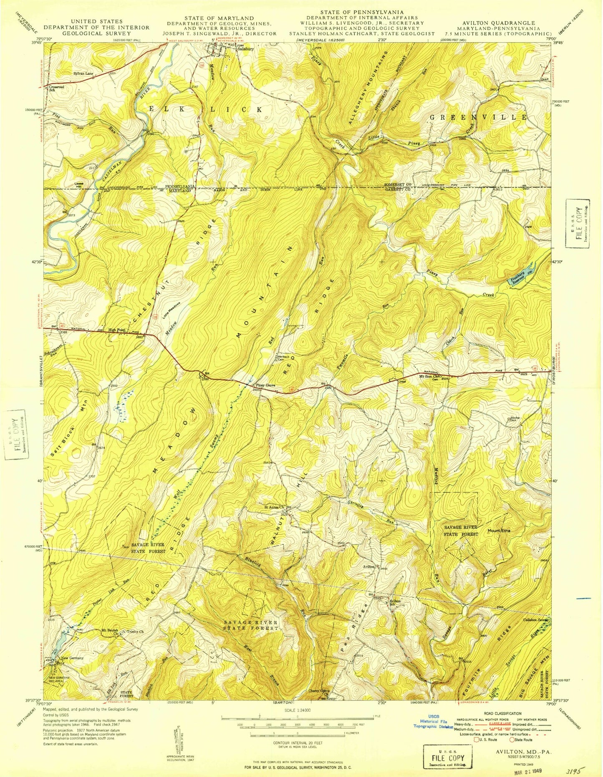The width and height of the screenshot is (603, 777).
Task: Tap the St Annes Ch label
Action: [x=274, y=507]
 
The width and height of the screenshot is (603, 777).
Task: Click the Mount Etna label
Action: [x=499, y=531]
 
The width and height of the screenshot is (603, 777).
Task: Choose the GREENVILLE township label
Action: [x=478, y=117]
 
